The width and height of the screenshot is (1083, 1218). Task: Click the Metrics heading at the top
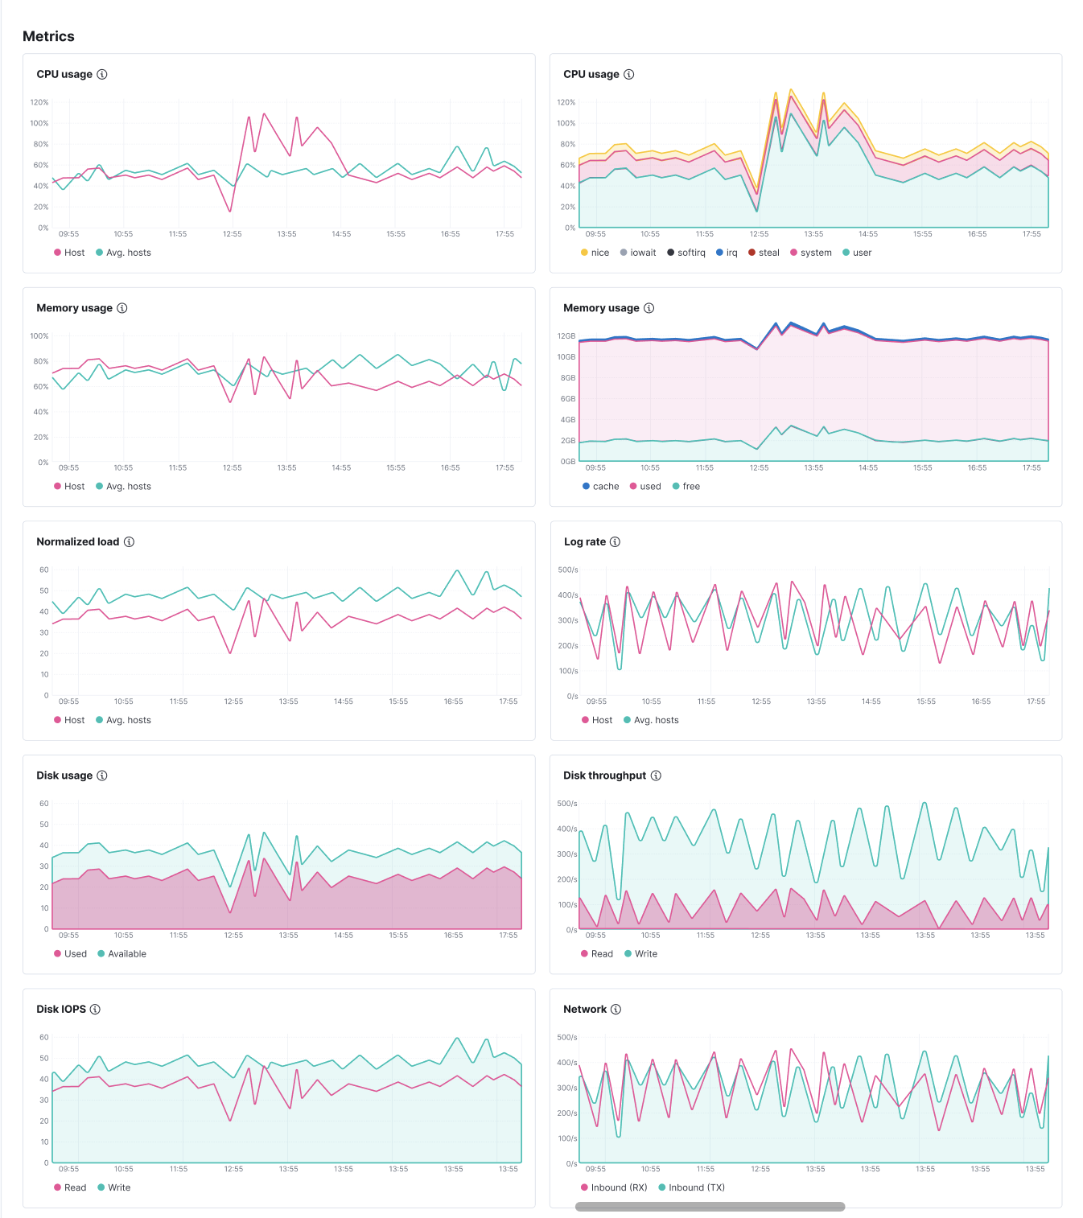point(48,36)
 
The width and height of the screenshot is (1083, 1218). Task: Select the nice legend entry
point(595,253)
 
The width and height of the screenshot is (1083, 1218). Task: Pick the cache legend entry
point(601,487)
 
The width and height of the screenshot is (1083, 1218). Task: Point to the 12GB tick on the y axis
point(566,336)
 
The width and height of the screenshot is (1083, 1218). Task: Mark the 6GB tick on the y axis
point(568,399)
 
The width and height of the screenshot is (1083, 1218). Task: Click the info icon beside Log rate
point(615,542)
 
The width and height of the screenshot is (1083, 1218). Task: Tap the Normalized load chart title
point(77,542)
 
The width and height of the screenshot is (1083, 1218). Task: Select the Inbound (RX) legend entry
point(614,1188)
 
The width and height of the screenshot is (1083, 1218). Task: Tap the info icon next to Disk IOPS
point(95,1010)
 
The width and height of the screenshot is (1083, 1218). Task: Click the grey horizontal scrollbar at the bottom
point(710,1207)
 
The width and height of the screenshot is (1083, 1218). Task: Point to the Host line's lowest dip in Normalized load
point(230,652)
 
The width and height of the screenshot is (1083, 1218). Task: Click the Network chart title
point(585,1010)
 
